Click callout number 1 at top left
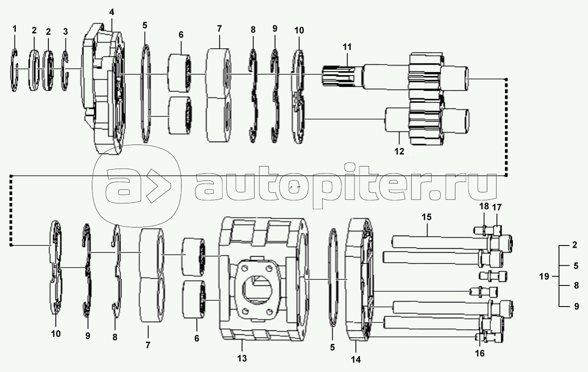(15, 29)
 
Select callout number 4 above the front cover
(112, 12)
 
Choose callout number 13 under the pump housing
(242, 358)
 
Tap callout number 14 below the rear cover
(356, 360)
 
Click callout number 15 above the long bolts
(426, 217)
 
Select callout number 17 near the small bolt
(497, 206)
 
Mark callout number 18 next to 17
(483, 206)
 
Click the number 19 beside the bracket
(544, 276)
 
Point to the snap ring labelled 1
(15, 70)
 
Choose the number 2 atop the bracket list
(574, 246)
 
